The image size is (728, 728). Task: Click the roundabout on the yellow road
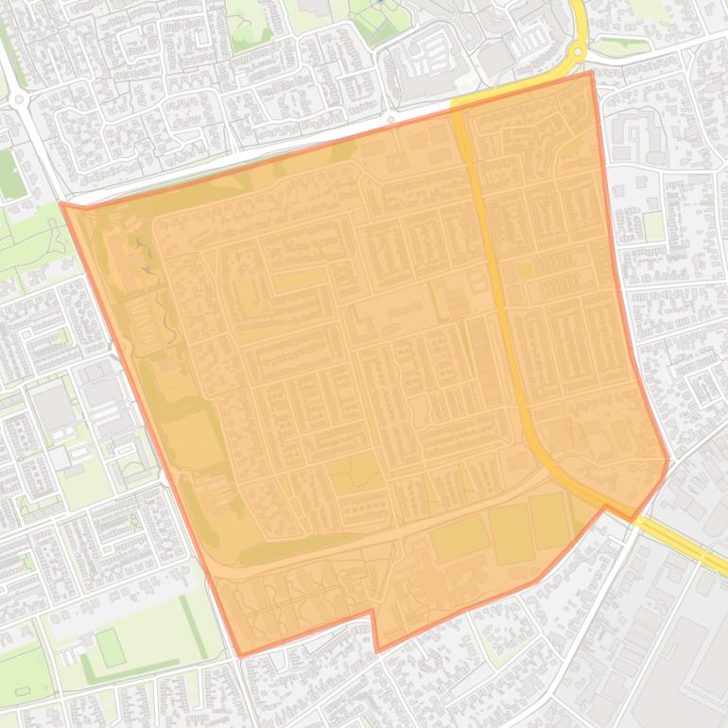[x=577, y=51]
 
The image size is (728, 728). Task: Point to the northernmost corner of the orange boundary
[x=592, y=72]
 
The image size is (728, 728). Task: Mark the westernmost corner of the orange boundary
[x=61, y=202]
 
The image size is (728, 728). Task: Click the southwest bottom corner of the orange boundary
[x=240, y=655]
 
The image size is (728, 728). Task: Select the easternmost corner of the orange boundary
[x=668, y=460]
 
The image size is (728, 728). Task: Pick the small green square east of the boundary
[x=653, y=226]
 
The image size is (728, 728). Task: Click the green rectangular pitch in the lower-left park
[x=111, y=648]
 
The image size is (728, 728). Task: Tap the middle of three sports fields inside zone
[x=510, y=532]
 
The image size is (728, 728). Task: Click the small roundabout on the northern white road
[x=390, y=120]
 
